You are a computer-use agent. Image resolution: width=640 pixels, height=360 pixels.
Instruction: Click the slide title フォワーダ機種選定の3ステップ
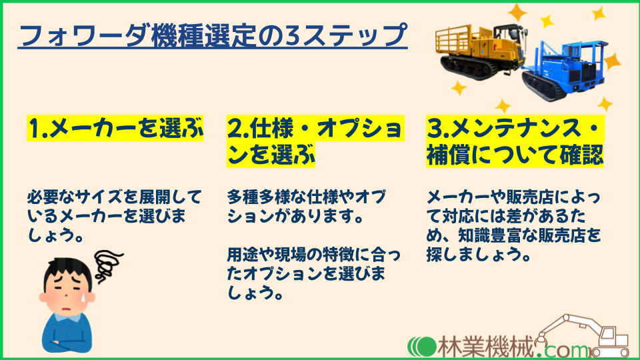213,35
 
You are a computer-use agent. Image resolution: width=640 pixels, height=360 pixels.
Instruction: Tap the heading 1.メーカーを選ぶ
115,128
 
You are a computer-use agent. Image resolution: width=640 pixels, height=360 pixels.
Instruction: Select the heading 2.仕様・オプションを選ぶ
315,141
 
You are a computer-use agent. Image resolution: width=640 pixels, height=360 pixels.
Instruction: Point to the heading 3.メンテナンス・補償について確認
515,141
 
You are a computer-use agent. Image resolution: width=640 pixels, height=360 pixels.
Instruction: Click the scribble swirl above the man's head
107,265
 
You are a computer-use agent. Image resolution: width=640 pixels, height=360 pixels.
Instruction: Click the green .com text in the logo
561,348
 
